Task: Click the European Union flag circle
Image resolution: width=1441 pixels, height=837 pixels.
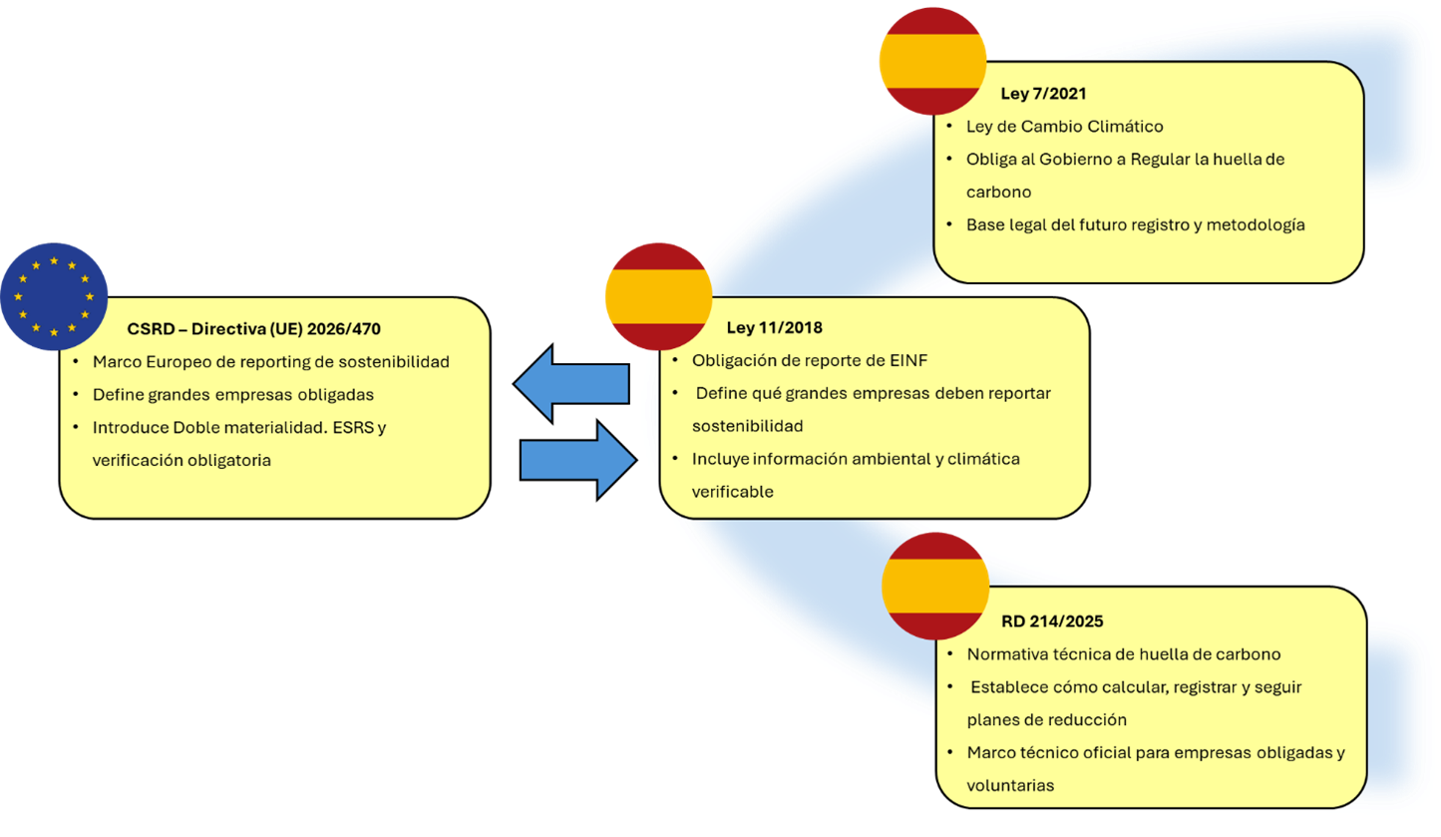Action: [x=54, y=296]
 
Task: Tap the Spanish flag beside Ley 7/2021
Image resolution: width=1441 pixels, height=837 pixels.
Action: [x=931, y=61]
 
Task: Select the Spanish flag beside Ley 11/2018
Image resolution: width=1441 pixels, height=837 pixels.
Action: [x=658, y=296]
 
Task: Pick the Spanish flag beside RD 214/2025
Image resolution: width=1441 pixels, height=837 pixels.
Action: [x=934, y=586]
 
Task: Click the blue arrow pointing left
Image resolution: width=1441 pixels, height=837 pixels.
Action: [x=571, y=383]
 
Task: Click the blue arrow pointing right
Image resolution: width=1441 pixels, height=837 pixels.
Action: [x=578, y=460]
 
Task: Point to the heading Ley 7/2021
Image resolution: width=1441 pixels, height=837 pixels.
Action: [x=1043, y=94]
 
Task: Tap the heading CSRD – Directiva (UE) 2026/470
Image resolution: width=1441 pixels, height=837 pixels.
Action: [x=254, y=328]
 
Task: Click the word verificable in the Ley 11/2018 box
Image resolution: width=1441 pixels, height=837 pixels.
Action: [x=732, y=492]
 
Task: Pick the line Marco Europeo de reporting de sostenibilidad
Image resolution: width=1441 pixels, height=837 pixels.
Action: [x=270, y=361]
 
